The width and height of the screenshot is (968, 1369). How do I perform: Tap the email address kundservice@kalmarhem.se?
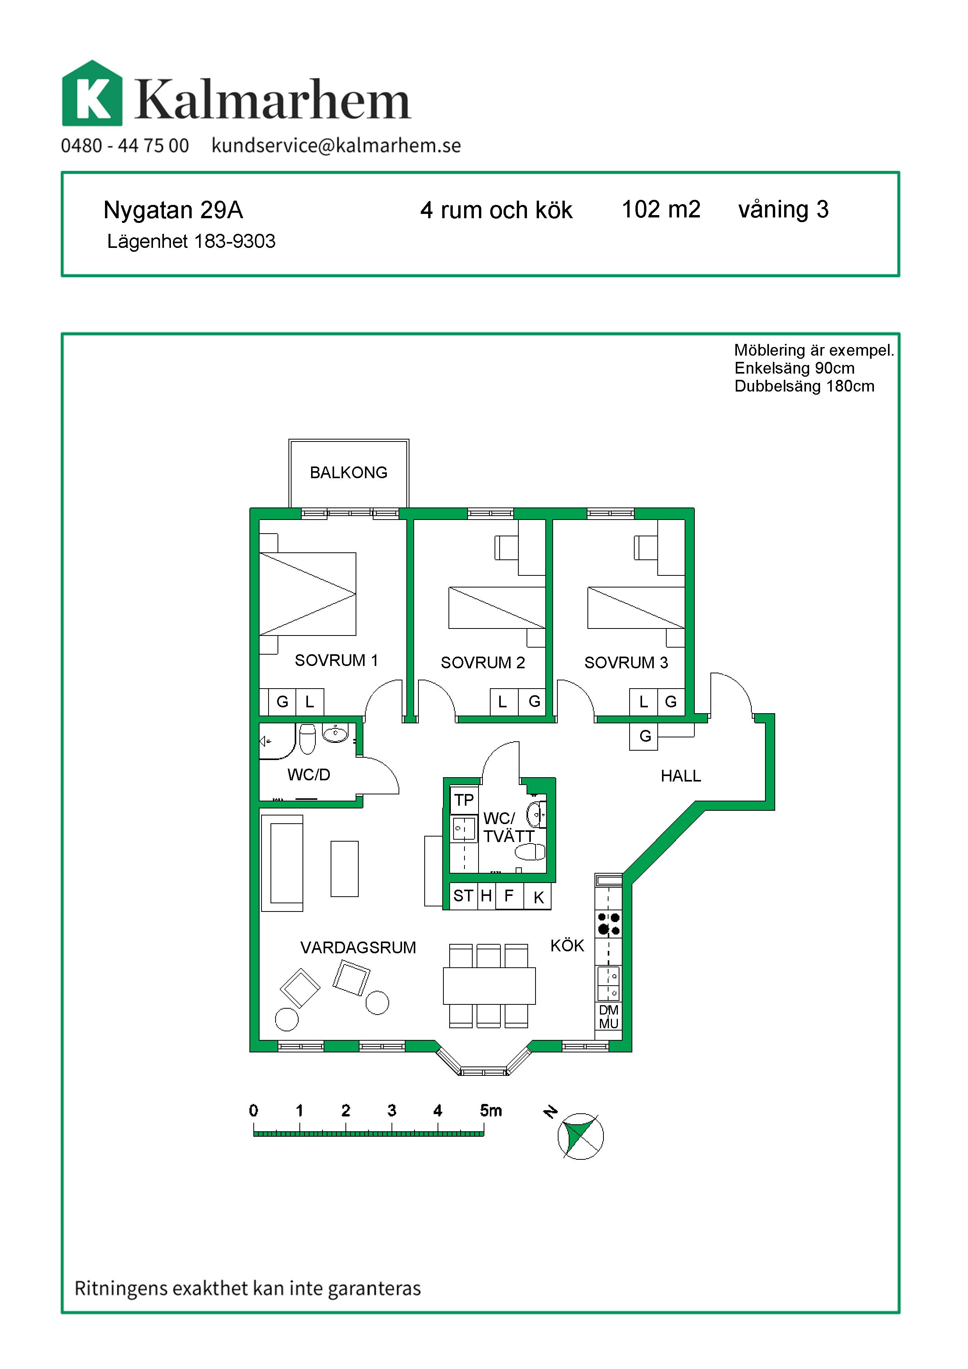336,146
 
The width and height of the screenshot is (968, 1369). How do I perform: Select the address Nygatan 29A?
173,210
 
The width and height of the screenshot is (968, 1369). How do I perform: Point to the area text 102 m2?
661,209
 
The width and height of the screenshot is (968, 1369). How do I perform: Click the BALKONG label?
349,472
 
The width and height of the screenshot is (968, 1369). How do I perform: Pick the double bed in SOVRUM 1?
308,594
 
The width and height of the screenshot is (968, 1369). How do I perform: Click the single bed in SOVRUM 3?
636,607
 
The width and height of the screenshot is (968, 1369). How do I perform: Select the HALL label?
681,776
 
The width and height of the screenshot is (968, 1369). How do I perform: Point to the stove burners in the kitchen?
609,924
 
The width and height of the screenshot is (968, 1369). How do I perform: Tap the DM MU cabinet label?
609,1017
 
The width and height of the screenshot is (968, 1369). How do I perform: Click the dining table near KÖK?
489,986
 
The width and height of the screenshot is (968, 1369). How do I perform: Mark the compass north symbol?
580,1136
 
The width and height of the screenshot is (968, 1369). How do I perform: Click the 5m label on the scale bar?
491,1110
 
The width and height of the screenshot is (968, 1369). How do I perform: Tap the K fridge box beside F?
538,897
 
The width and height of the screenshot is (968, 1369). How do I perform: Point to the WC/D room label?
309,774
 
